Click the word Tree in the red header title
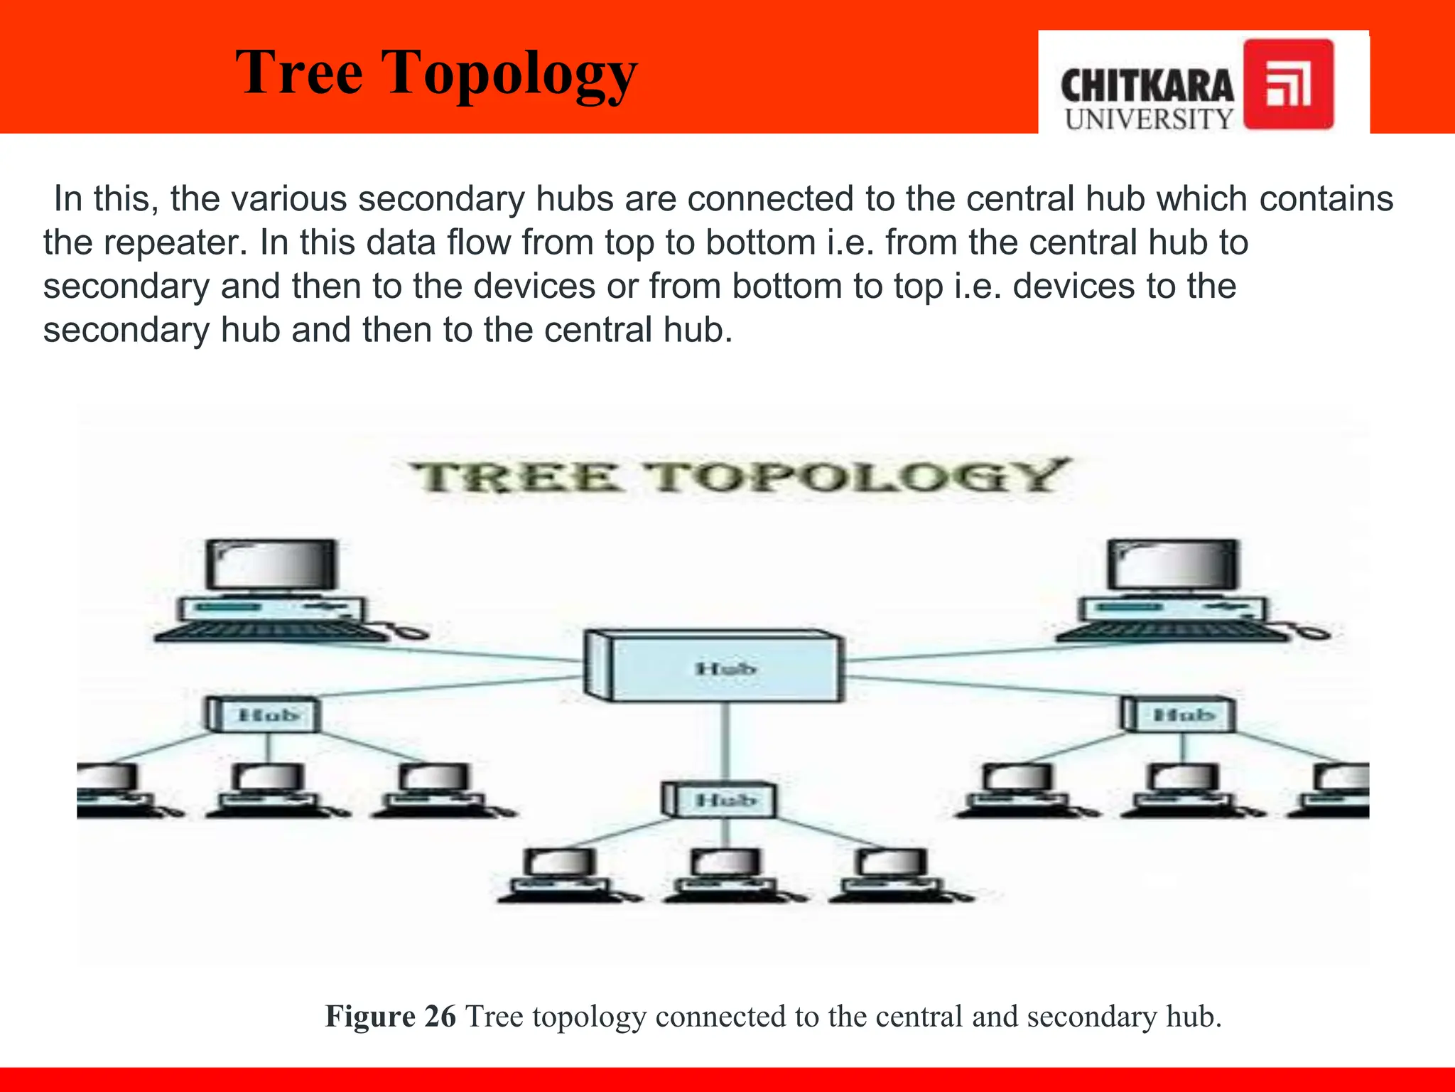click(299, 73)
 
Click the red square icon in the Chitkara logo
click(1288, 85)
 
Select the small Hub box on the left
click(264, 714)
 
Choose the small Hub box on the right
click(1179, 714)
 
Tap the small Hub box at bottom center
click(720, 800)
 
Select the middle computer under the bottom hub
click(725, 875)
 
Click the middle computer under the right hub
click(1182, 788)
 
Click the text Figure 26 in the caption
click(390, 1017)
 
